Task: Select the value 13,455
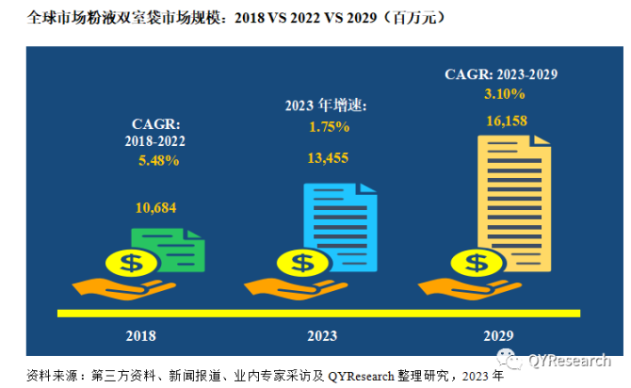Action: tap(328, 158)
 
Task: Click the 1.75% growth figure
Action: tap(328, 127)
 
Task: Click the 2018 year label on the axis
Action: tap(141, 334)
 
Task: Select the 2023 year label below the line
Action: tap(323, 334)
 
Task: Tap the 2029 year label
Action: tap(498, 334)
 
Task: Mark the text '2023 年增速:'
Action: tap(326, 105)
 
